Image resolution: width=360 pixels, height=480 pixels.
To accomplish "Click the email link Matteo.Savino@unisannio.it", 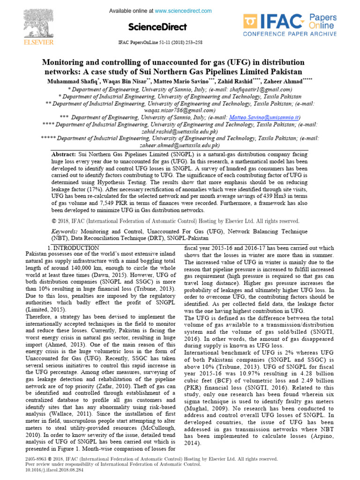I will pos(264,117).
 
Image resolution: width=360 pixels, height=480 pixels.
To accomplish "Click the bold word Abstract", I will pos(63,154).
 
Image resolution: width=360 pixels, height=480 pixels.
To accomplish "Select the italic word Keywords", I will pos(65,232).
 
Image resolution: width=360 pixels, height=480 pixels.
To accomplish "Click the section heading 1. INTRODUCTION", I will pos(74,247).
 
